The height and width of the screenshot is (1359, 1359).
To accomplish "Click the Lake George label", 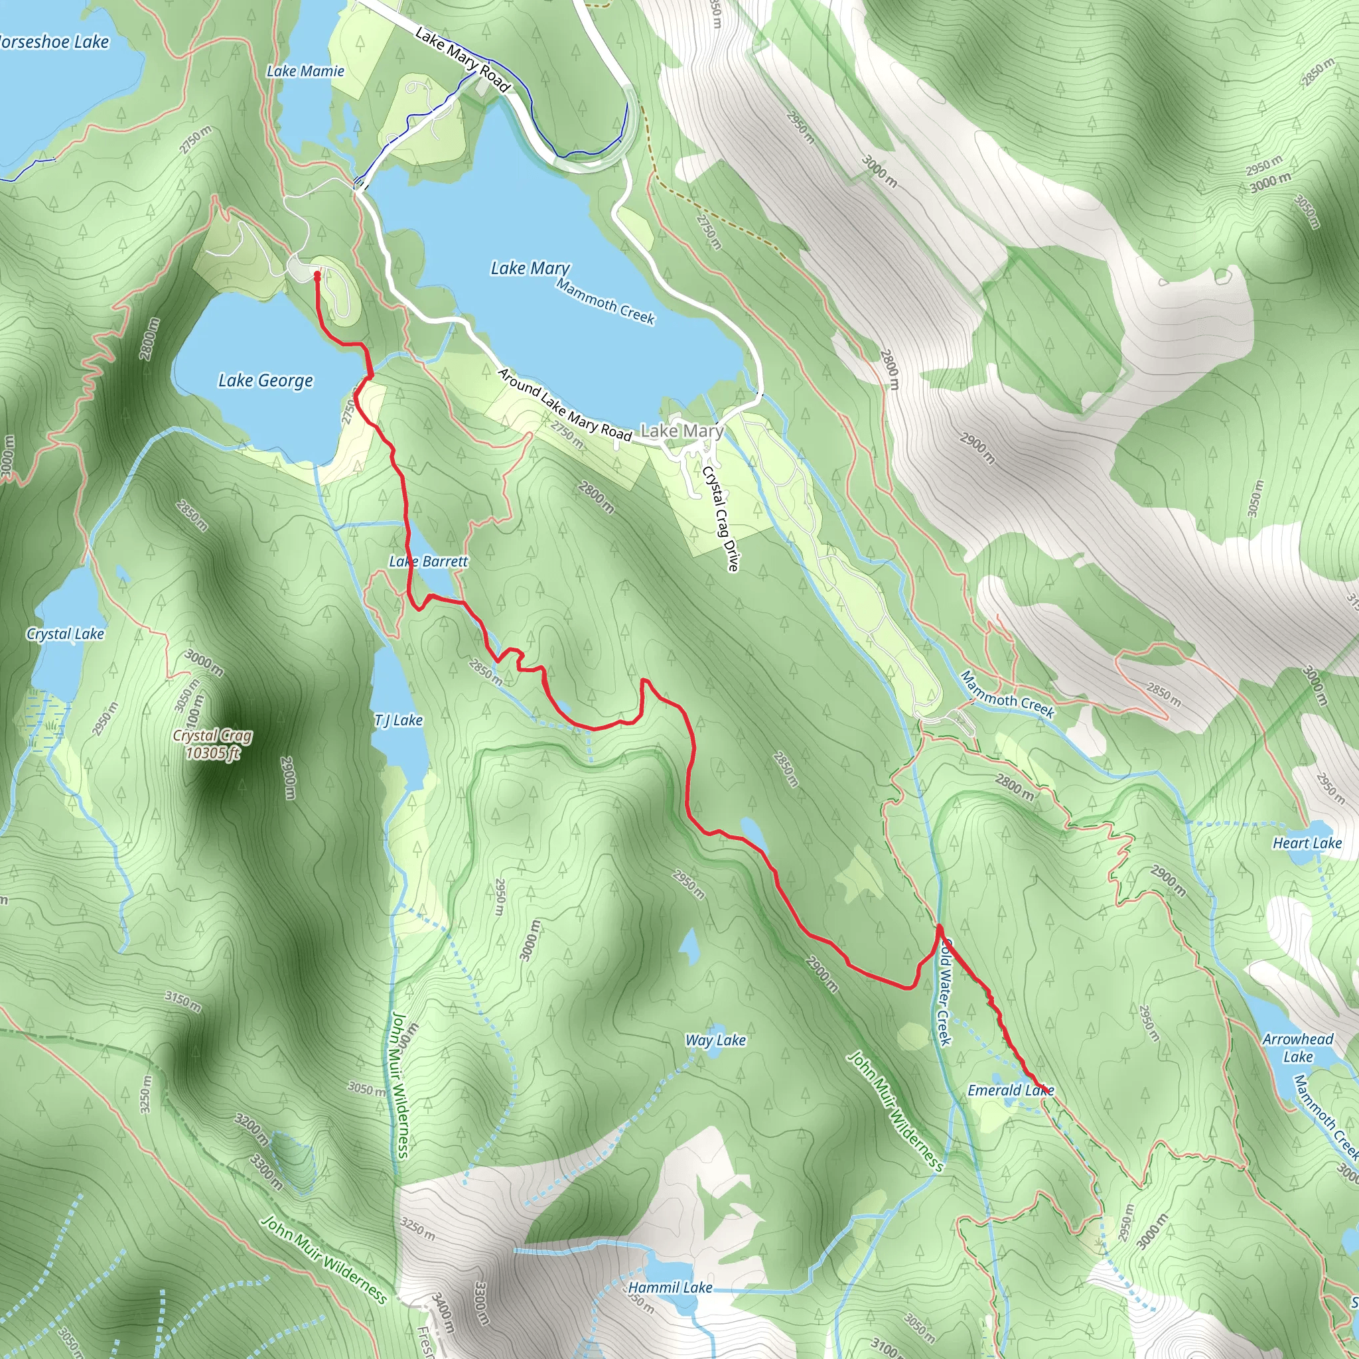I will point(265,380).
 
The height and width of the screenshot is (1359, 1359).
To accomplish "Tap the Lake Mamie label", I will point(305,71).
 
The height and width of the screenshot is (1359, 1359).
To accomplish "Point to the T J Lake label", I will point(398,720).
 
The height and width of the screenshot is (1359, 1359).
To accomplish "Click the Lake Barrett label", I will point(429,561).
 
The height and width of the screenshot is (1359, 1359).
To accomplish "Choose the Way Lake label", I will point(715,1040).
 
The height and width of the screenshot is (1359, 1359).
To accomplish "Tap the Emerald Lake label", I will point(1010,1090).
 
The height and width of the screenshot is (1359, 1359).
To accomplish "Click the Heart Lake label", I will point(1307,843).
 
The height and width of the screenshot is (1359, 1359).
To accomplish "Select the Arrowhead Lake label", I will point(1298,1047).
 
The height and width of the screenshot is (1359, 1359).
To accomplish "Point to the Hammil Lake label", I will point(670,1287).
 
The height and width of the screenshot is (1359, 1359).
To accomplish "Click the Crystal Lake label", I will point(66,634).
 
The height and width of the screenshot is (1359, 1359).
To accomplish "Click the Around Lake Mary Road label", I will point(565,405).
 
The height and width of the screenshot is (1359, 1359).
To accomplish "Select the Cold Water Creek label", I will point(945,993).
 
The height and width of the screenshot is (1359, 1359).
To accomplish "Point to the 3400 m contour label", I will point(443,1313).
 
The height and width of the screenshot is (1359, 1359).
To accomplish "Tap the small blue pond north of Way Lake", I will point(690,946).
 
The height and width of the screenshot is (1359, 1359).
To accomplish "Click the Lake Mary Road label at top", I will point(461,59).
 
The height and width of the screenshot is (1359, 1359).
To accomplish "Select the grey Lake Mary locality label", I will point(681,431).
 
